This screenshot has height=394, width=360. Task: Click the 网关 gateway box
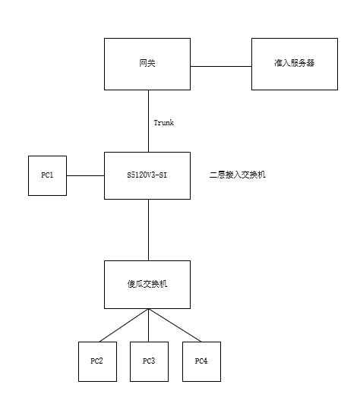click(147, 64)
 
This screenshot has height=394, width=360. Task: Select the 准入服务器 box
click(295, 64)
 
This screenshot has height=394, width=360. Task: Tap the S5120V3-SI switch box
click(147, 175)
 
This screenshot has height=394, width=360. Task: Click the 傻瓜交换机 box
click(147, 285)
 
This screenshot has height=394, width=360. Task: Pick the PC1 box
click(47, 175)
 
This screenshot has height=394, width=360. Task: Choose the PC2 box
click(97, 361)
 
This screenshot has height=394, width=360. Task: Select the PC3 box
click(149, 361)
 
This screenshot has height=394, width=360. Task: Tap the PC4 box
click(201, 361)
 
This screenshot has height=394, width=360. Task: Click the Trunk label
click(164, 123)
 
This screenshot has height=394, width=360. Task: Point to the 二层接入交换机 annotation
click(238, 175)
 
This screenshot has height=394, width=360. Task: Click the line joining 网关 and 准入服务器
click(221, 67)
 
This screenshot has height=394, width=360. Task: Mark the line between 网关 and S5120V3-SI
click(148, 121)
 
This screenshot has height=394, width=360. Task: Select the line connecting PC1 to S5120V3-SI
click(86, 175)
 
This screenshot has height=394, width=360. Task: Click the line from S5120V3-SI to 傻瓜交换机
click(148, 230)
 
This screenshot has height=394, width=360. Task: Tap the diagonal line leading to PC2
click(124, 325)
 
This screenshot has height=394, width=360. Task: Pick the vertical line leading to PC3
click(148, 325)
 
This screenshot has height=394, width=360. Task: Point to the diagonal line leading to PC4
click(175, 325)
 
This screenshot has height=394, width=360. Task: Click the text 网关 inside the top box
click(147, 63)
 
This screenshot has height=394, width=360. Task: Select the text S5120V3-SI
click(147, 175)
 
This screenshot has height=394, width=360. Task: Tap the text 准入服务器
click(295, 63)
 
